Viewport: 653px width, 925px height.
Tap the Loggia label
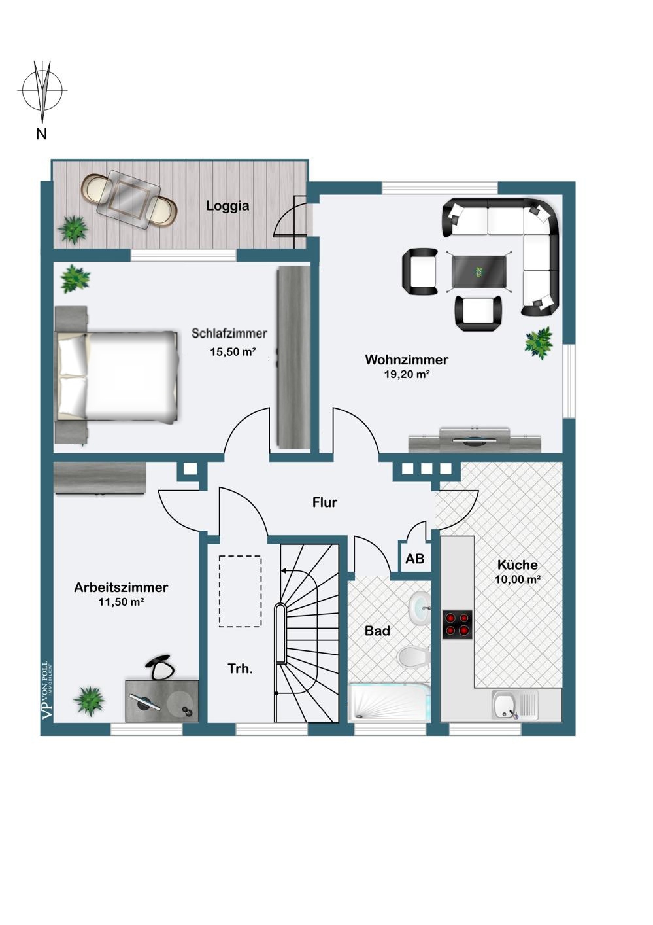[227, 205]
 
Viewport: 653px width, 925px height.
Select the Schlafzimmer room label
[229, 333]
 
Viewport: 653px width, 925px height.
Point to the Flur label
[325, 502]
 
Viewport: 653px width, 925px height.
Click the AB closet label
[415, 559]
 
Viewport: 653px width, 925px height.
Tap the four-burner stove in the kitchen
[458, 624]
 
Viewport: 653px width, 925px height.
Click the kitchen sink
[515, 705]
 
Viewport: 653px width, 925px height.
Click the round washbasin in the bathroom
[420, 608]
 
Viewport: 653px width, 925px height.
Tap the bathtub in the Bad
[390, 702]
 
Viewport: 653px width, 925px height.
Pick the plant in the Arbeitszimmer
[88, 701]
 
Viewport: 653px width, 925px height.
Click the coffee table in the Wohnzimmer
[479, 272]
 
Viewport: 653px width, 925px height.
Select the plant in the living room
[539, 342]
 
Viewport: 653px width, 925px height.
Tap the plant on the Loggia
[73, 230]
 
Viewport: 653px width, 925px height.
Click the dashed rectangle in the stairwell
[240, 591]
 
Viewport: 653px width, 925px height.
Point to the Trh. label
[241, 669]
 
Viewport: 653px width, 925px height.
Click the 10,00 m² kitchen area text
[518, 580]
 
